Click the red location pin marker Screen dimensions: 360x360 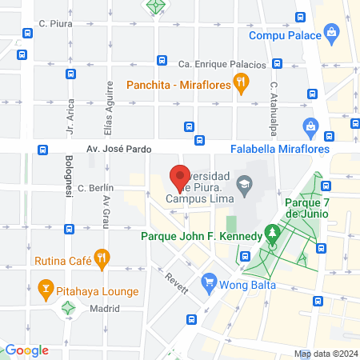pyautogui.click(x=180, y=176)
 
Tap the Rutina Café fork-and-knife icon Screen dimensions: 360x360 pyautogui.click(x=101, y=258)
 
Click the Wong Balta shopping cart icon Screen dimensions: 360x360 pyautogui.click(x=209, y=282)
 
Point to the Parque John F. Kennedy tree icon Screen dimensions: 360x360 pyautogui.click(x=274, y=235)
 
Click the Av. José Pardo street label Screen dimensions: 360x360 pyautogui.click(x=118, y=149)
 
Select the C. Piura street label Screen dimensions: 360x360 pyautogui.click(x=57, y=24)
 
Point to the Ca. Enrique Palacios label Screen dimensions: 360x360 pyautogui.click(x=222, y=63)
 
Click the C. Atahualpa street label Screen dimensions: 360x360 pyautogui.click(x=274, y=101)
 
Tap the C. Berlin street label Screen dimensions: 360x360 pyautogui.click(x=95, y=188)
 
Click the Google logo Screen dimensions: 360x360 pyautogui.click(x=27, y=350)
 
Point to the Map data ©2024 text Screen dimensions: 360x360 pyautogui.click(x=324, y=353)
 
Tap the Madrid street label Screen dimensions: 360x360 pyautogui.click(x=104, y=308)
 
